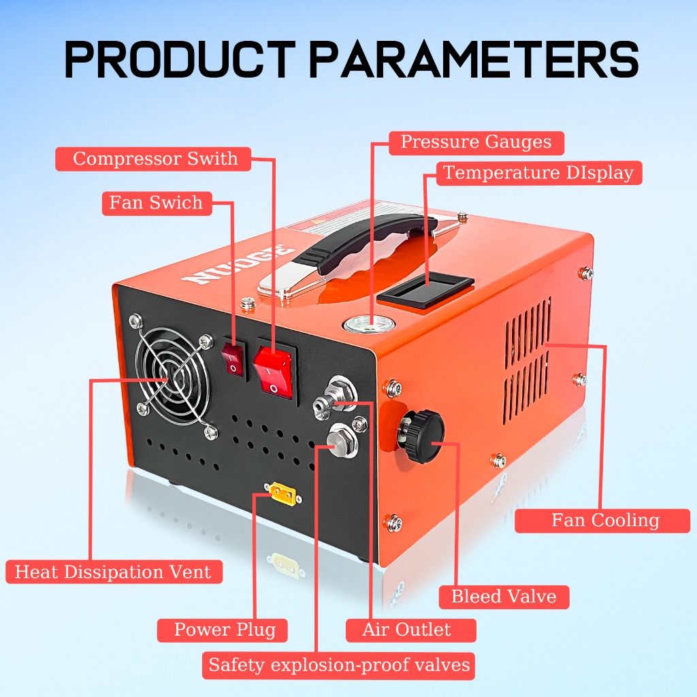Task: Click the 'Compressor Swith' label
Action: (153, 159)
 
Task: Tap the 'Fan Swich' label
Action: (157, 203)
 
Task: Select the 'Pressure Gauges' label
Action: (476, 143)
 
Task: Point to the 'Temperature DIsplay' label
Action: (539, 173)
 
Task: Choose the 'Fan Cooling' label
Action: (602, 521)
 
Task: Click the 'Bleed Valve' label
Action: (504, 596)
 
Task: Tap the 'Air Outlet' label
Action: (410, 630)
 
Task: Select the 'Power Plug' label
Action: (223, 630)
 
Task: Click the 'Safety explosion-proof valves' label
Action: (338, 666)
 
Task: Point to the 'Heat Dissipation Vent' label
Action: (114, 572)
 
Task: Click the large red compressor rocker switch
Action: (272, 370)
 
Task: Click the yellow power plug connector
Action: (282, 494)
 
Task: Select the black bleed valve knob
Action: (423, 436)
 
